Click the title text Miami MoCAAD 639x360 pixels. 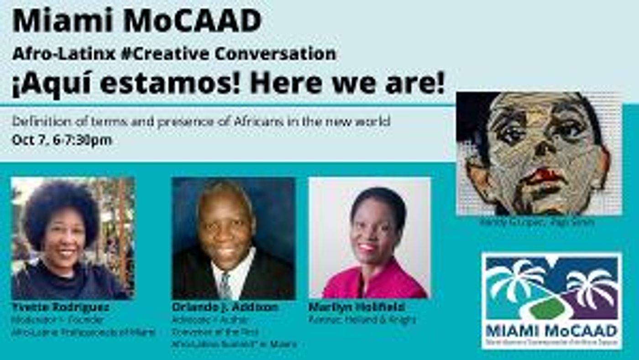[137, 21]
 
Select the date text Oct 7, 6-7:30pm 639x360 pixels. [62, 140]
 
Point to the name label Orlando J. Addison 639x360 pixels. [225, 307]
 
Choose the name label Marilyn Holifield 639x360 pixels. [356, 307]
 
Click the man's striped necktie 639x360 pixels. [225, 285]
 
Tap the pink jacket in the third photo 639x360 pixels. [374, 285]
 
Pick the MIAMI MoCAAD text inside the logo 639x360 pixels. [551, 330]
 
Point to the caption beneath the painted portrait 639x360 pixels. [536, 223]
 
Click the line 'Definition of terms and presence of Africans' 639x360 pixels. [201, 122]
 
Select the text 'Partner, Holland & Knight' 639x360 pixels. [362, 320]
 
